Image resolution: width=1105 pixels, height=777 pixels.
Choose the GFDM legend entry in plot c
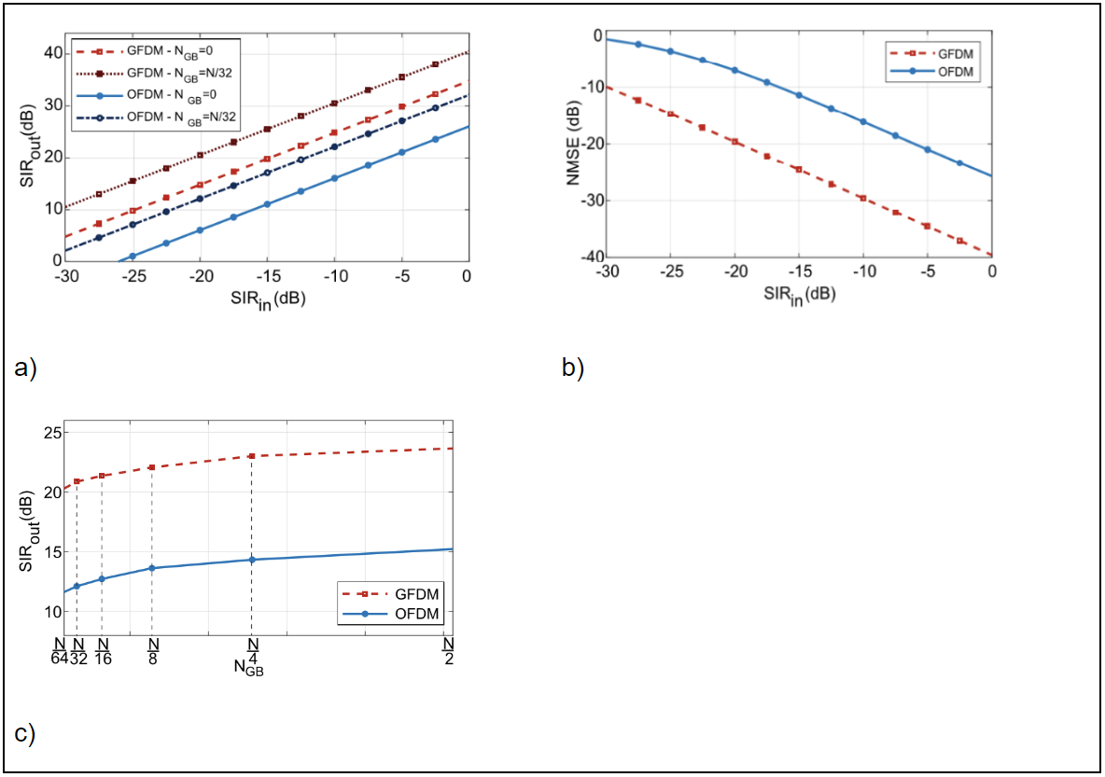416,593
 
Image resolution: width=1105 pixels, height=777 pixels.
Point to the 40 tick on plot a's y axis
54,53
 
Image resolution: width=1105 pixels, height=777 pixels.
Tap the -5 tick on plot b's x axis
927,272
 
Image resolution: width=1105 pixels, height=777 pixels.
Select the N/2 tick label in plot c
448,650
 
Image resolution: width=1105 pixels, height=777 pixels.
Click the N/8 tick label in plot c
153,650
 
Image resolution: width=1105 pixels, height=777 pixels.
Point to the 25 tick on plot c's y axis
53,433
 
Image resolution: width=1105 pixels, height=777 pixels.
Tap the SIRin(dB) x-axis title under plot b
798,295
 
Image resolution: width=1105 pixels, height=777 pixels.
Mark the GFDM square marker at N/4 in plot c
252,456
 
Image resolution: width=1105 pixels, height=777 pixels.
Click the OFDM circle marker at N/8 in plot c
152,568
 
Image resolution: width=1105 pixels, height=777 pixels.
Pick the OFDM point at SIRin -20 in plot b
734,70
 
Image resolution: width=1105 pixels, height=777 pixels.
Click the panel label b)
572,368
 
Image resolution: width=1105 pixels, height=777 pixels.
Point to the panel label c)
25,734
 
